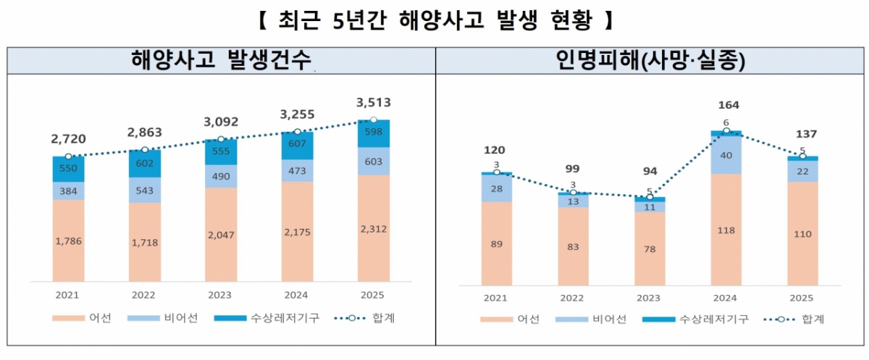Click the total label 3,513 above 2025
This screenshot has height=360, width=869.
point(374,103)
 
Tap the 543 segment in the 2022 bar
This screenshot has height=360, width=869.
point(145,190)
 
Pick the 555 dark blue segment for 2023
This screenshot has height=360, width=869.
point(222,151)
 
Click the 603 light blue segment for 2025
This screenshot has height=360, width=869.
point(374,161)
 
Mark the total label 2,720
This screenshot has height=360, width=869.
point(68,137)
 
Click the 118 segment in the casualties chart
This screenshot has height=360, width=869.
point(726,230)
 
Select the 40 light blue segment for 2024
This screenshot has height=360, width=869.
point(726,155)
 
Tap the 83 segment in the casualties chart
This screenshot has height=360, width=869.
point(573,246)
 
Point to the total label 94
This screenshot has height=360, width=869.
point(650,171)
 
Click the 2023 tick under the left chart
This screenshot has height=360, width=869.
point(222,296)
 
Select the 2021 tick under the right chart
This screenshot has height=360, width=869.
point(496,298)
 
